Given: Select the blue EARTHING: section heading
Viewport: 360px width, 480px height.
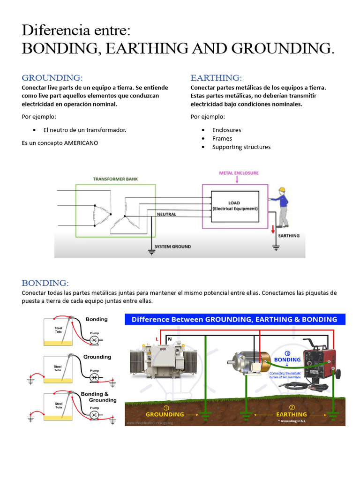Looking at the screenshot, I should [x=216, y=77].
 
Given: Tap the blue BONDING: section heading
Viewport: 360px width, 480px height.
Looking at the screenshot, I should [x=45, y=283].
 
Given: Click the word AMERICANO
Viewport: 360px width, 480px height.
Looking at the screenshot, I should [x=81, y=143].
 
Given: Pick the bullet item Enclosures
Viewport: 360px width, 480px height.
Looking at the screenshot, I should [x=226, y=130].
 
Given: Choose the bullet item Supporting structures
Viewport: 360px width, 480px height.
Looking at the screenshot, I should [x=241, y=147].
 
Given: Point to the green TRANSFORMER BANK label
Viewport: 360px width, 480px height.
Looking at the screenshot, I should [x=115, y=179].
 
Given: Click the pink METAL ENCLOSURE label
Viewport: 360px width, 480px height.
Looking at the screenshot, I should [x=239, y=173].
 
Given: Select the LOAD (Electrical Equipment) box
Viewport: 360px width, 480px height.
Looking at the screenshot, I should [x=235, y=206].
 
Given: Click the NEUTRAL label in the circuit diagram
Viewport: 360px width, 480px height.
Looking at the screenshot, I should [x=166, y=214].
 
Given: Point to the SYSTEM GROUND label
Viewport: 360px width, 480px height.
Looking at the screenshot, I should [x=173, y=247].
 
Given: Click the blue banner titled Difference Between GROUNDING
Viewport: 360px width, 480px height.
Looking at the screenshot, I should [x=234, y=319].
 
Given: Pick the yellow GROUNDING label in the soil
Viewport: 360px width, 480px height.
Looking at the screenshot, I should [x=165, y=414].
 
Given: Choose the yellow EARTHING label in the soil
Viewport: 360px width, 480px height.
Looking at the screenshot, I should [x=291, y=414].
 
